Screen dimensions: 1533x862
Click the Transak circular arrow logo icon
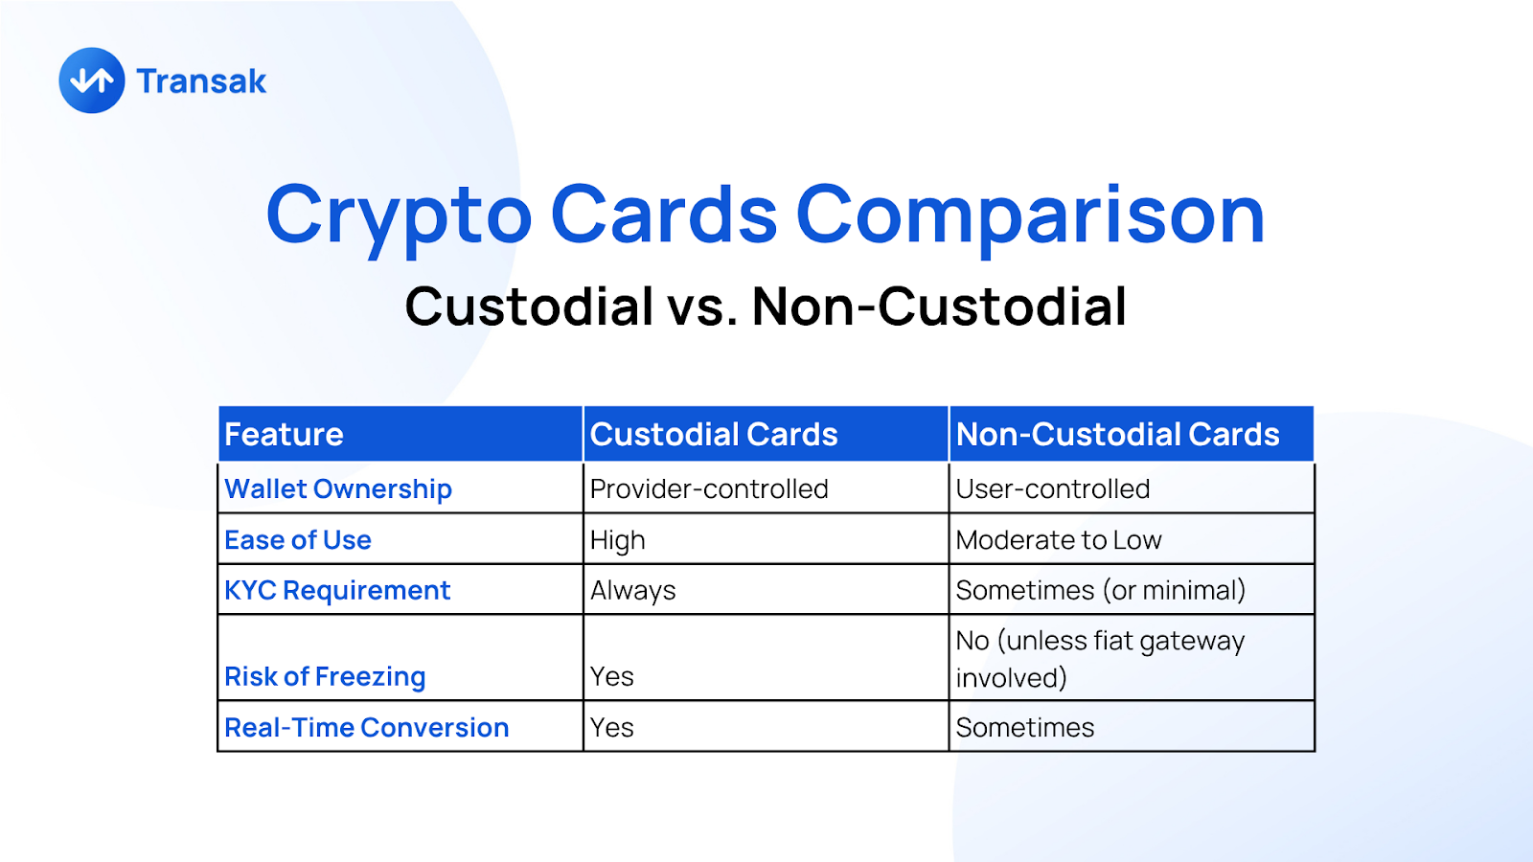(92, 80)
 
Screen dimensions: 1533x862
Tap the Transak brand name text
(201, 81)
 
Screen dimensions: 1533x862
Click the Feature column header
(284, 435)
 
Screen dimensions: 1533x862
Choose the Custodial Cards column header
(714, 435)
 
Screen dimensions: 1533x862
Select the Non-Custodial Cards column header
(1117, 435)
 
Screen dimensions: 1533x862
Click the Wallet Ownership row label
(338, 489)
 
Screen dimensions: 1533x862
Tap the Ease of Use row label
(298, 540)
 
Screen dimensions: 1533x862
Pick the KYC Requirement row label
(337, 590)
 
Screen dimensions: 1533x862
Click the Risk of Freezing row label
(325, 676)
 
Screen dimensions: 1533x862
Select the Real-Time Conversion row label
(367, 727)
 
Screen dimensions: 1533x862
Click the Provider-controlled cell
(709, 489)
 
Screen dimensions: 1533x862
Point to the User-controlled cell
(1053, 489)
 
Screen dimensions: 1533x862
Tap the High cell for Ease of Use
(617, 540)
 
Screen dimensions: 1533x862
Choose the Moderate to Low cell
(1059, 540)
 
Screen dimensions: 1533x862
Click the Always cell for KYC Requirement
(633, 590)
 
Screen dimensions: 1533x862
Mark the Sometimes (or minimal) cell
(1101, 590)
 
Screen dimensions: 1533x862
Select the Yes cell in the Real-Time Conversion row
(612, 727)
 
